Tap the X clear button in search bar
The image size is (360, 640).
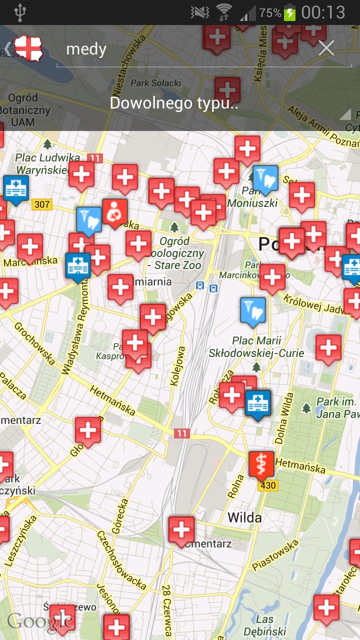(x=326, y=48)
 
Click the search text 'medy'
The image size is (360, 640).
(x=86, y=49)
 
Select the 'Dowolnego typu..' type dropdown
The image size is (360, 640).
(x=174, y=103)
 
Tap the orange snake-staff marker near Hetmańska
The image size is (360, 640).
(x=261, y=463)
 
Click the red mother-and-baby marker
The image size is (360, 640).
(x=114, y=212)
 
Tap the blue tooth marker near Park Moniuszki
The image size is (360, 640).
(x=265, y=178)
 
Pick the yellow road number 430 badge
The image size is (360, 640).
(x=268, y=485)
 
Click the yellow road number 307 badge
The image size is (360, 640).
(x=42, y=204)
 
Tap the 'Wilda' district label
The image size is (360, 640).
(x=244, y=517)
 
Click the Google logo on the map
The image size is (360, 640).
(x=40, y=621)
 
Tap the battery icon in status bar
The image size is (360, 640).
(x=289, y=12)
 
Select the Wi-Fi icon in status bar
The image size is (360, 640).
(x=224, y=12)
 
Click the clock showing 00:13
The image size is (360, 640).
(x=323, y=12)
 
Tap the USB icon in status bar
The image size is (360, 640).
(x=19, y=12)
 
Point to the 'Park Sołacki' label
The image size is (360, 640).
(x=155, y=82)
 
